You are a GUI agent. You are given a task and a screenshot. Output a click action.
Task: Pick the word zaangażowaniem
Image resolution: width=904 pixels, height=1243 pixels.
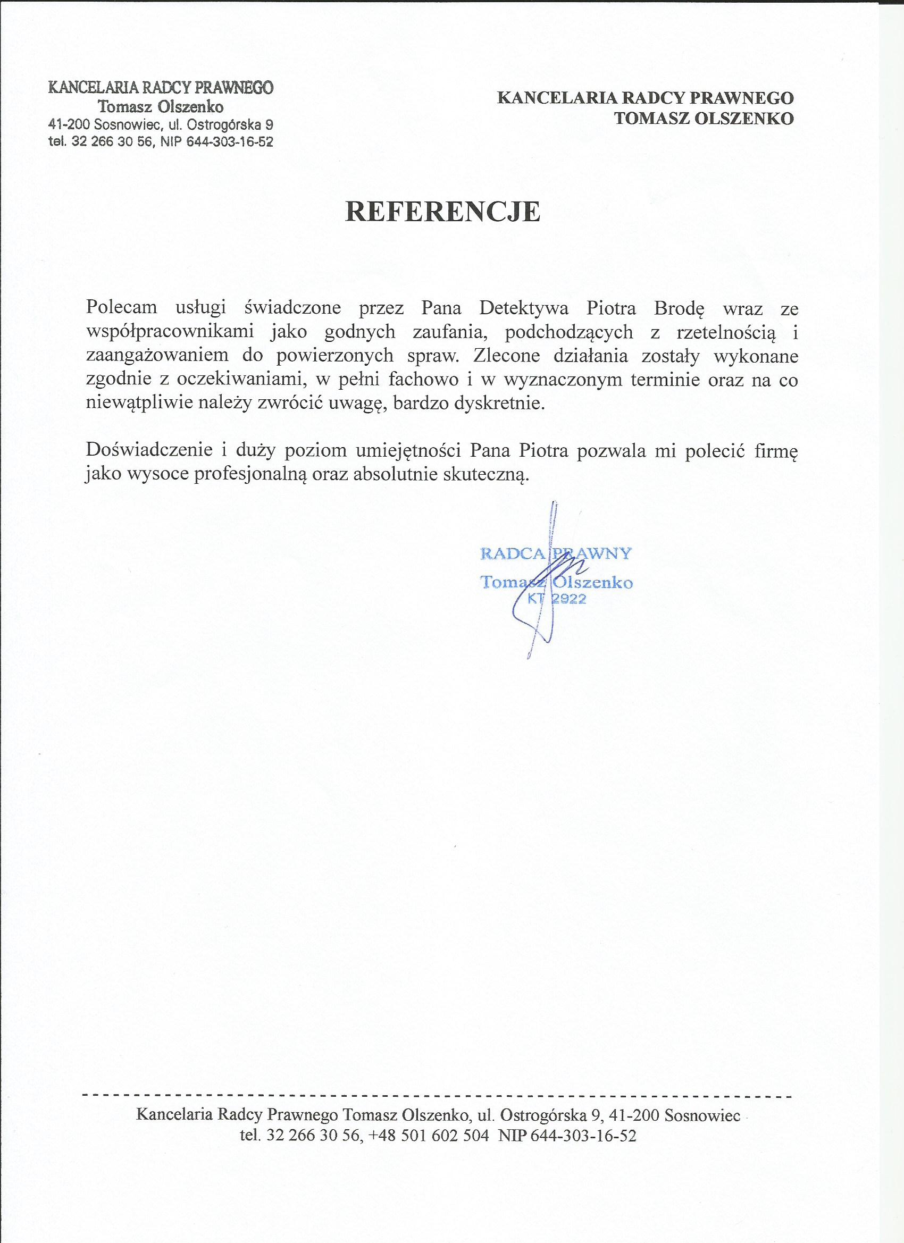pos(157,355)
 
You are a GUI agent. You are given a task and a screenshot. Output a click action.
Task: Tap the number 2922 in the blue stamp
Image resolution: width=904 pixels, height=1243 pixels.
pos(568,600)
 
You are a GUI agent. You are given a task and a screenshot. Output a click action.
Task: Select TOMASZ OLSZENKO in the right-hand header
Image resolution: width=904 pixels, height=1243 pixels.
pos(704,119)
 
